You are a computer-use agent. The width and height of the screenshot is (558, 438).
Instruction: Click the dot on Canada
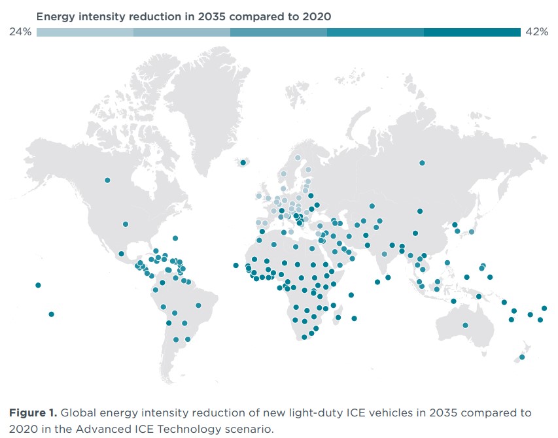pos(107,180)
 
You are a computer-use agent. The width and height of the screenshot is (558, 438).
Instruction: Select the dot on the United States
pos(126,224)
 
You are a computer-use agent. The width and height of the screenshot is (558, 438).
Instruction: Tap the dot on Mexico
pos(122,254)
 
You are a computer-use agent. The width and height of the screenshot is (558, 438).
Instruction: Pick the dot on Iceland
pos(243,163)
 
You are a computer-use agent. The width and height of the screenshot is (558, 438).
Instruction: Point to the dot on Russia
pos(423,163)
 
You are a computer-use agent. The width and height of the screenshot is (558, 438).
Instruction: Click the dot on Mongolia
pos(420,211)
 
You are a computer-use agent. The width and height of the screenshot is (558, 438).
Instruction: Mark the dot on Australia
pos(465,325)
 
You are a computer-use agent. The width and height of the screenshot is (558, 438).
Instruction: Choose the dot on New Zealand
pos(522,357)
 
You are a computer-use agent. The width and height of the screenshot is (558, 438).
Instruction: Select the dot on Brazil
pos(198,305)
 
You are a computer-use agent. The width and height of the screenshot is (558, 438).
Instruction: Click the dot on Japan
pos(471,232)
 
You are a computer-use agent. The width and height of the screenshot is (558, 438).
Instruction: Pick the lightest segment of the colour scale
pos(85,32)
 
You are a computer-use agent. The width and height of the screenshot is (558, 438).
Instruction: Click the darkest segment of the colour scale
pos(472,32)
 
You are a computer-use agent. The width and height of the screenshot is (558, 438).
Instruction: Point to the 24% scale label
pos(20,32)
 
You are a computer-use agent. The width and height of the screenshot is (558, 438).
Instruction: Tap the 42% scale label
pos(536,32)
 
